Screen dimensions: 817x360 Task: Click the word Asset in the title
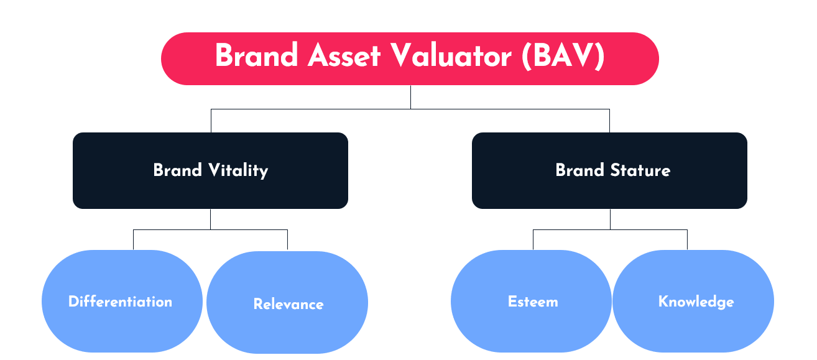[344, 55]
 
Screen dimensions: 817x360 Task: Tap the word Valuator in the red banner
[451, 55]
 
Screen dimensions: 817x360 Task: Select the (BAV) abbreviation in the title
[563, 56]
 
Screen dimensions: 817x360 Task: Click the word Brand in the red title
[256, 55]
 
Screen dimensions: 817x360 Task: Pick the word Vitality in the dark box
[238, 170]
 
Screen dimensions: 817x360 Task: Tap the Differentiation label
[120, 302]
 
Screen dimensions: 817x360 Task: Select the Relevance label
[288, 304]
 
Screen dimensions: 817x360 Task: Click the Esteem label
[533, 302]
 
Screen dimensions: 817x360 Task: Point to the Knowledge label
[696, 302]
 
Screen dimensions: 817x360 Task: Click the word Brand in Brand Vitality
[178, 170]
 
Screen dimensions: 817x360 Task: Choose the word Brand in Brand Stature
[579, 170]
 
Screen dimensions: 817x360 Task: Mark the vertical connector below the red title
[411, 97]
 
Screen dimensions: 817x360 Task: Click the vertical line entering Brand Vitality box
[211, 121]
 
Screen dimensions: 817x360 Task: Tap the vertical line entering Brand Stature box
[609, 121]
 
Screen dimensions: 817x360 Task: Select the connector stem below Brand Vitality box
[210, 219]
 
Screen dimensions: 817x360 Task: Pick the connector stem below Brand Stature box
[610, 219]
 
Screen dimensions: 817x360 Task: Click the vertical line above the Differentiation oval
[134, 239]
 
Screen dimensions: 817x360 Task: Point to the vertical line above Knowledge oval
[688, 239]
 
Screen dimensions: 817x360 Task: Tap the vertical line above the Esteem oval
[533, 239]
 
